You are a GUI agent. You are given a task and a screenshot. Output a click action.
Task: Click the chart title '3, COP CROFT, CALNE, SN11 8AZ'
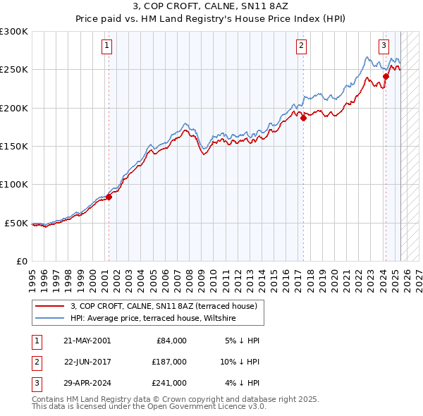point(211,8)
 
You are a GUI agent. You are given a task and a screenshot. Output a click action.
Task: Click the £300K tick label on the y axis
point(14,32)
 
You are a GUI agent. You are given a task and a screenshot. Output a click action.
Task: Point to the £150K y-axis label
point(14,146)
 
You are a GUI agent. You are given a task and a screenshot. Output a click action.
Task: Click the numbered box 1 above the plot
point(106,47)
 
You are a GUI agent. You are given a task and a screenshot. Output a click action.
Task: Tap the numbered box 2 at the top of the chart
point(301,47)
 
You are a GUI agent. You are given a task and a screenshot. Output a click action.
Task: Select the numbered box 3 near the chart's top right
point(384,47)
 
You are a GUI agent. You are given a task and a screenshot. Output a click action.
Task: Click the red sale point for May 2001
point(109,197)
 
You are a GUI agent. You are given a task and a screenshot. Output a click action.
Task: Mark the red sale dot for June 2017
point(303,118)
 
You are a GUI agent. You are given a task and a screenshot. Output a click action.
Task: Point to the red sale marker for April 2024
point(386,77)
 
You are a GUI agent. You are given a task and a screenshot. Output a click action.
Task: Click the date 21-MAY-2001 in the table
point(87,341)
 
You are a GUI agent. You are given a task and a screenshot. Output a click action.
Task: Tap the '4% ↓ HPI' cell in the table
point(244,383)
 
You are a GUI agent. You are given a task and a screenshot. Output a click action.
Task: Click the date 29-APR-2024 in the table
point(87,383)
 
